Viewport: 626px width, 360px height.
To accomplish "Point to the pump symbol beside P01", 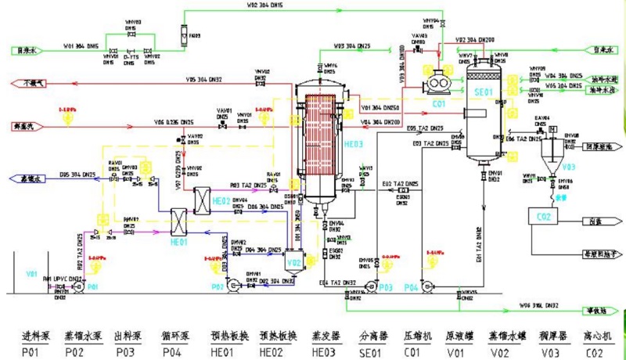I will point(79,286).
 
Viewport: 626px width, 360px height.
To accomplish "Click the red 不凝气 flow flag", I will point(31,82).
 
